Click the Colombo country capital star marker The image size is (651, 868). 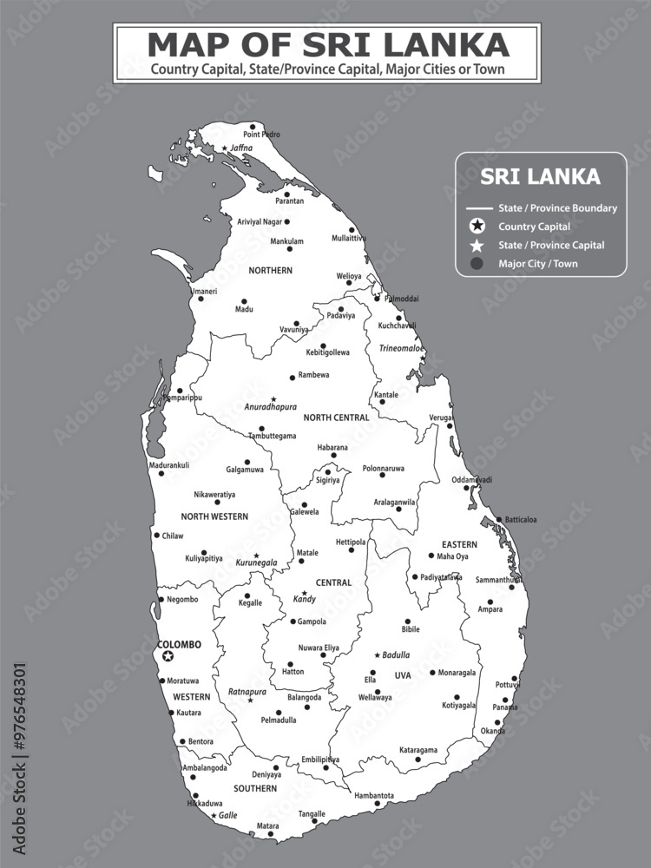click(168, 657)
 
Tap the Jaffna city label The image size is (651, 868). click(240, 148)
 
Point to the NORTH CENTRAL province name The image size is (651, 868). click(336, 418)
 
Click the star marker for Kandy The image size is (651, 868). click(304, 593)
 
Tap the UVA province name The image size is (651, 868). click(403, 675)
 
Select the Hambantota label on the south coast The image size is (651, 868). click(374, 795)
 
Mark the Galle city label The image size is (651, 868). click(227, 815)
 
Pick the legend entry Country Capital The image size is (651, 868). click(534, 227)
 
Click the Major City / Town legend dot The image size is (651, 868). click(476, 264)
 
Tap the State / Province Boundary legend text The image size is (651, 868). click(557, 208)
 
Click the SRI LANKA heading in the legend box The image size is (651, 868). click(540, 177)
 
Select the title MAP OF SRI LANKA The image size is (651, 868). click(327, 44)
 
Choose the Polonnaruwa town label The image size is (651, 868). click(383, 468)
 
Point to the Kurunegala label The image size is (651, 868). click(256, 562)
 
